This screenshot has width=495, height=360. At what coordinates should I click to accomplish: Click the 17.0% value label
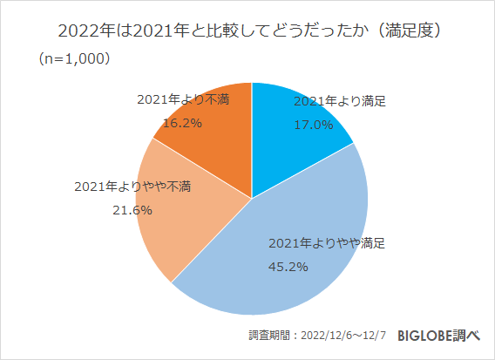tap(313, 124)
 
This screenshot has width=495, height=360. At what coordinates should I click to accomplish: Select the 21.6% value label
tap(132, 210)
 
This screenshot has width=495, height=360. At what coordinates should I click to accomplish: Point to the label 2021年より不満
tap(183, 99)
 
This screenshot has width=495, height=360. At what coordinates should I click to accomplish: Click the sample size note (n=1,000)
tap(73, 60)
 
